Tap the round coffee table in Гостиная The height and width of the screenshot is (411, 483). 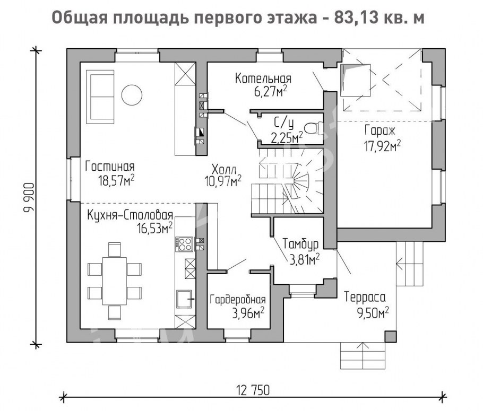pos(132,95)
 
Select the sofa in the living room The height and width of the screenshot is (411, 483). pos(100,97)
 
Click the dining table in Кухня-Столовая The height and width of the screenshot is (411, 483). pos(114,281)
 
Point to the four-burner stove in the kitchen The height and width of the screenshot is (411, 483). pos(184,244)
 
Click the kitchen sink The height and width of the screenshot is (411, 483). pos(184,299)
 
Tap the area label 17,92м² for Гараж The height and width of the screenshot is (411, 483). pos(383,146)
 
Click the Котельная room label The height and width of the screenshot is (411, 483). pos(263,78)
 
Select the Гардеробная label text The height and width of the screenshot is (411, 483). pos(237,299)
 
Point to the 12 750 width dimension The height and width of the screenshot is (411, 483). pos(253,390)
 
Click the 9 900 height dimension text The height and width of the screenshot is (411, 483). pos(29,198)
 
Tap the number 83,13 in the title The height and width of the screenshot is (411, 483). pos(353,18)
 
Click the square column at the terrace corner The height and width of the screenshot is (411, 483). pos(391,337)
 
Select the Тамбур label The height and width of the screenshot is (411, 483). pos(300,244)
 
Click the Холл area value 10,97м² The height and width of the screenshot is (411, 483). pos(223,182)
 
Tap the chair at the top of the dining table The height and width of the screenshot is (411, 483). pos(114,250)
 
